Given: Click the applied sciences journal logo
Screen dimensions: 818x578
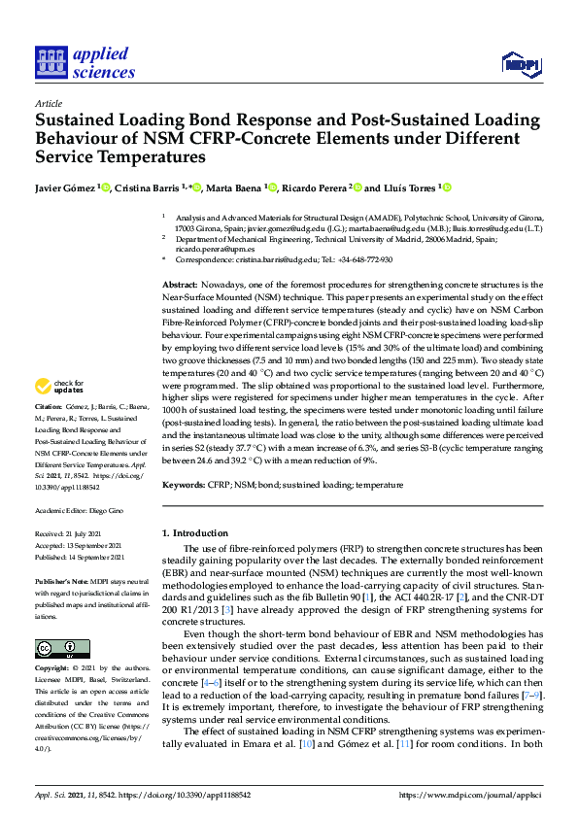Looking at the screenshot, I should click(x=85, y=60).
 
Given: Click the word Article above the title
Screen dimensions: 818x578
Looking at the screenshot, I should click(x=48, y=103).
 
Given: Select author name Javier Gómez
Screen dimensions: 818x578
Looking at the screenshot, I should click(x=67, y=187).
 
